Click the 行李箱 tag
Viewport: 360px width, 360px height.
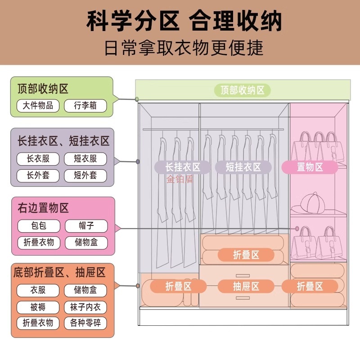(x=85, y=106)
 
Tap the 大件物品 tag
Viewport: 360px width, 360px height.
(x=38, y=106)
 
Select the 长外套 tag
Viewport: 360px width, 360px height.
(x=38, y=175)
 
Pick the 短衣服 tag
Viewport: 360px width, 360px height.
(x=85, y=159)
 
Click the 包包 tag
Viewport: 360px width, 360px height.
(x=39, y=226)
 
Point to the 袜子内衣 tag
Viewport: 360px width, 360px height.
(x=85, y=307)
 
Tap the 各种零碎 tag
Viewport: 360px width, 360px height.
(x=85, y=323)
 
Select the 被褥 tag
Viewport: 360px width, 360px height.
(x=38, y=307)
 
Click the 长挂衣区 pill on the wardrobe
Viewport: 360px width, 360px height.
(x=182, y=167)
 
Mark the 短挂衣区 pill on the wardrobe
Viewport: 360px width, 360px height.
(x=243, y=167)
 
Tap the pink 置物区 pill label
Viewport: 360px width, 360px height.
(x=310, y=167)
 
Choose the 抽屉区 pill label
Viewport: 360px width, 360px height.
(x=246, y=286)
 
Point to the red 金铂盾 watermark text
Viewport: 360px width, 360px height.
(x=180, y=180)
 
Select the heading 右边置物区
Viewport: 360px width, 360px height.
(x=43, y=208)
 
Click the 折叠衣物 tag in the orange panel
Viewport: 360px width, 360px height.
(x=38, y=323)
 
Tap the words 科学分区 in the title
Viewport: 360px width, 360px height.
(x=134, y=21)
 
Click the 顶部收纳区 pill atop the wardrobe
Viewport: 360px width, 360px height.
(x=242, y=90)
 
